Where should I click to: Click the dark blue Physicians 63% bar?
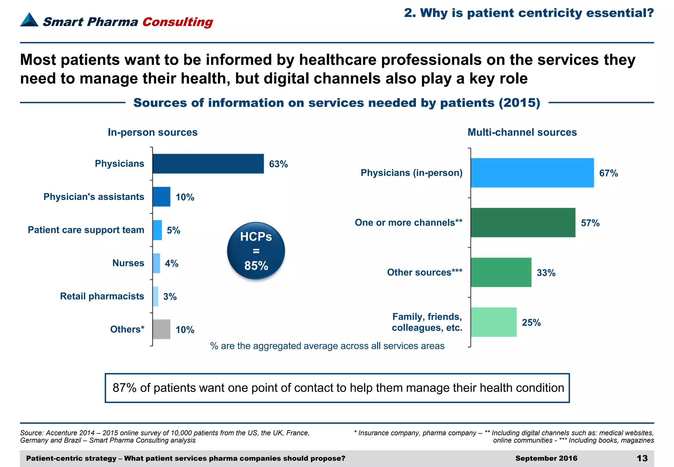[x=208, y=164]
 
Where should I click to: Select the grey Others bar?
[x=161, y=329]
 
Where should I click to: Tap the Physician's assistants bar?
[x=161, y=197]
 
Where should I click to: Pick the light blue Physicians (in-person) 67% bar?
[x=532, y=173]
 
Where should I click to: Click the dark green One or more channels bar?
[x=523, y=223]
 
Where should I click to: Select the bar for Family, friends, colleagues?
[x=493, y=322]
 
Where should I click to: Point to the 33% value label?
[x=546, y=273]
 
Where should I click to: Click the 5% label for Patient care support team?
[x=173, y=230]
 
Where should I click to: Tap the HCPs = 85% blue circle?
[x=256, y=251]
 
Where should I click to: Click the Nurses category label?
[x=128, y=263]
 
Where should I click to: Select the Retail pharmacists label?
[x=102, y=296]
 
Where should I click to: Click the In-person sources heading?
[x=153, y=132]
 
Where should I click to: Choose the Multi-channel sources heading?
[x=522, y=132]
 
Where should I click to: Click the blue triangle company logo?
[x=29, y=20]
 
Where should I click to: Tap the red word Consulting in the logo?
[x=178, y=22]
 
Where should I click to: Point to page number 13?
[x=642, y=458]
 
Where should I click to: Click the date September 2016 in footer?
[x=546, y=458]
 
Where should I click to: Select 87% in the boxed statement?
[x=124, y=388]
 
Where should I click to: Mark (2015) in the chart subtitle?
[x=519, y=103]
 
